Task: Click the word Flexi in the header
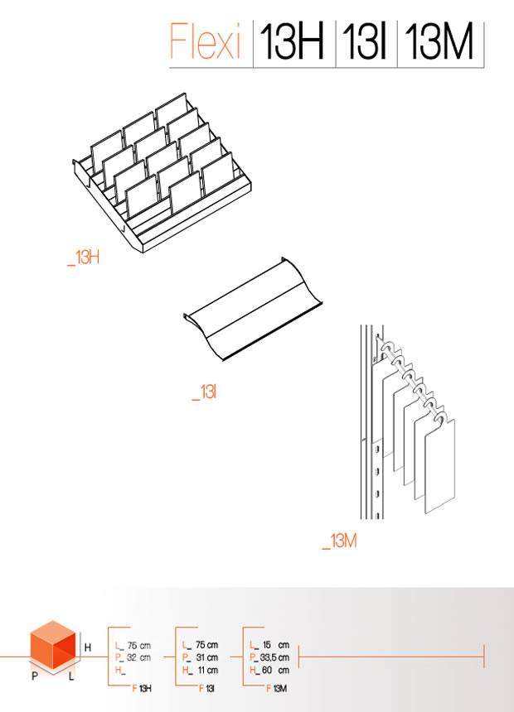pos(205,41)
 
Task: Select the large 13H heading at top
pos(292,41)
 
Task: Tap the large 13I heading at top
pos(364,41)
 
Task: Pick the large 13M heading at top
pos(439,41)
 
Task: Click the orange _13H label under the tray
pos(83,257)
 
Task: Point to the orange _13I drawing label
pos(204,392)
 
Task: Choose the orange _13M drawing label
pos(339,541)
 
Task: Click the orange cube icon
pos(53,645)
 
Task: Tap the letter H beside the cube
pos(88,647)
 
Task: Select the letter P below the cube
pos(35,676)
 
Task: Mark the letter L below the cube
pos(71,676)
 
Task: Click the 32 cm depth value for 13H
pos(138,657)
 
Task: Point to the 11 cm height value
pos(208,671)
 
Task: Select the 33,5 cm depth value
pos(274,657)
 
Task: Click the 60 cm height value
pos(275,671)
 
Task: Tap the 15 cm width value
pos(275,645)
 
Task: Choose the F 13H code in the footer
pos(142,689)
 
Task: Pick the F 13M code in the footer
pos(277,689)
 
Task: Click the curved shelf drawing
pos(253,310)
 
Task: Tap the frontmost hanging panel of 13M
pos(440,465)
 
